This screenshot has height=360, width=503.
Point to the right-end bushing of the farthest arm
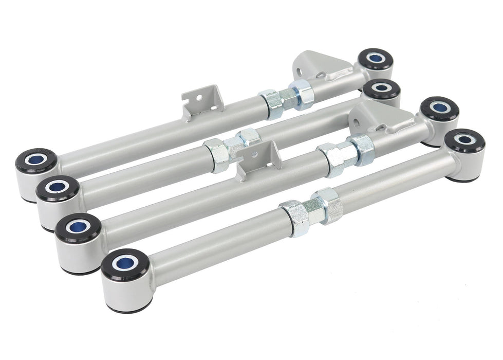tap(375, 59)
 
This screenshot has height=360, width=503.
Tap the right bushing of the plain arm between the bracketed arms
tap(381, 88)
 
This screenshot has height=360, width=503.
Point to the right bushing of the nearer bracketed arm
tap(439, 108)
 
